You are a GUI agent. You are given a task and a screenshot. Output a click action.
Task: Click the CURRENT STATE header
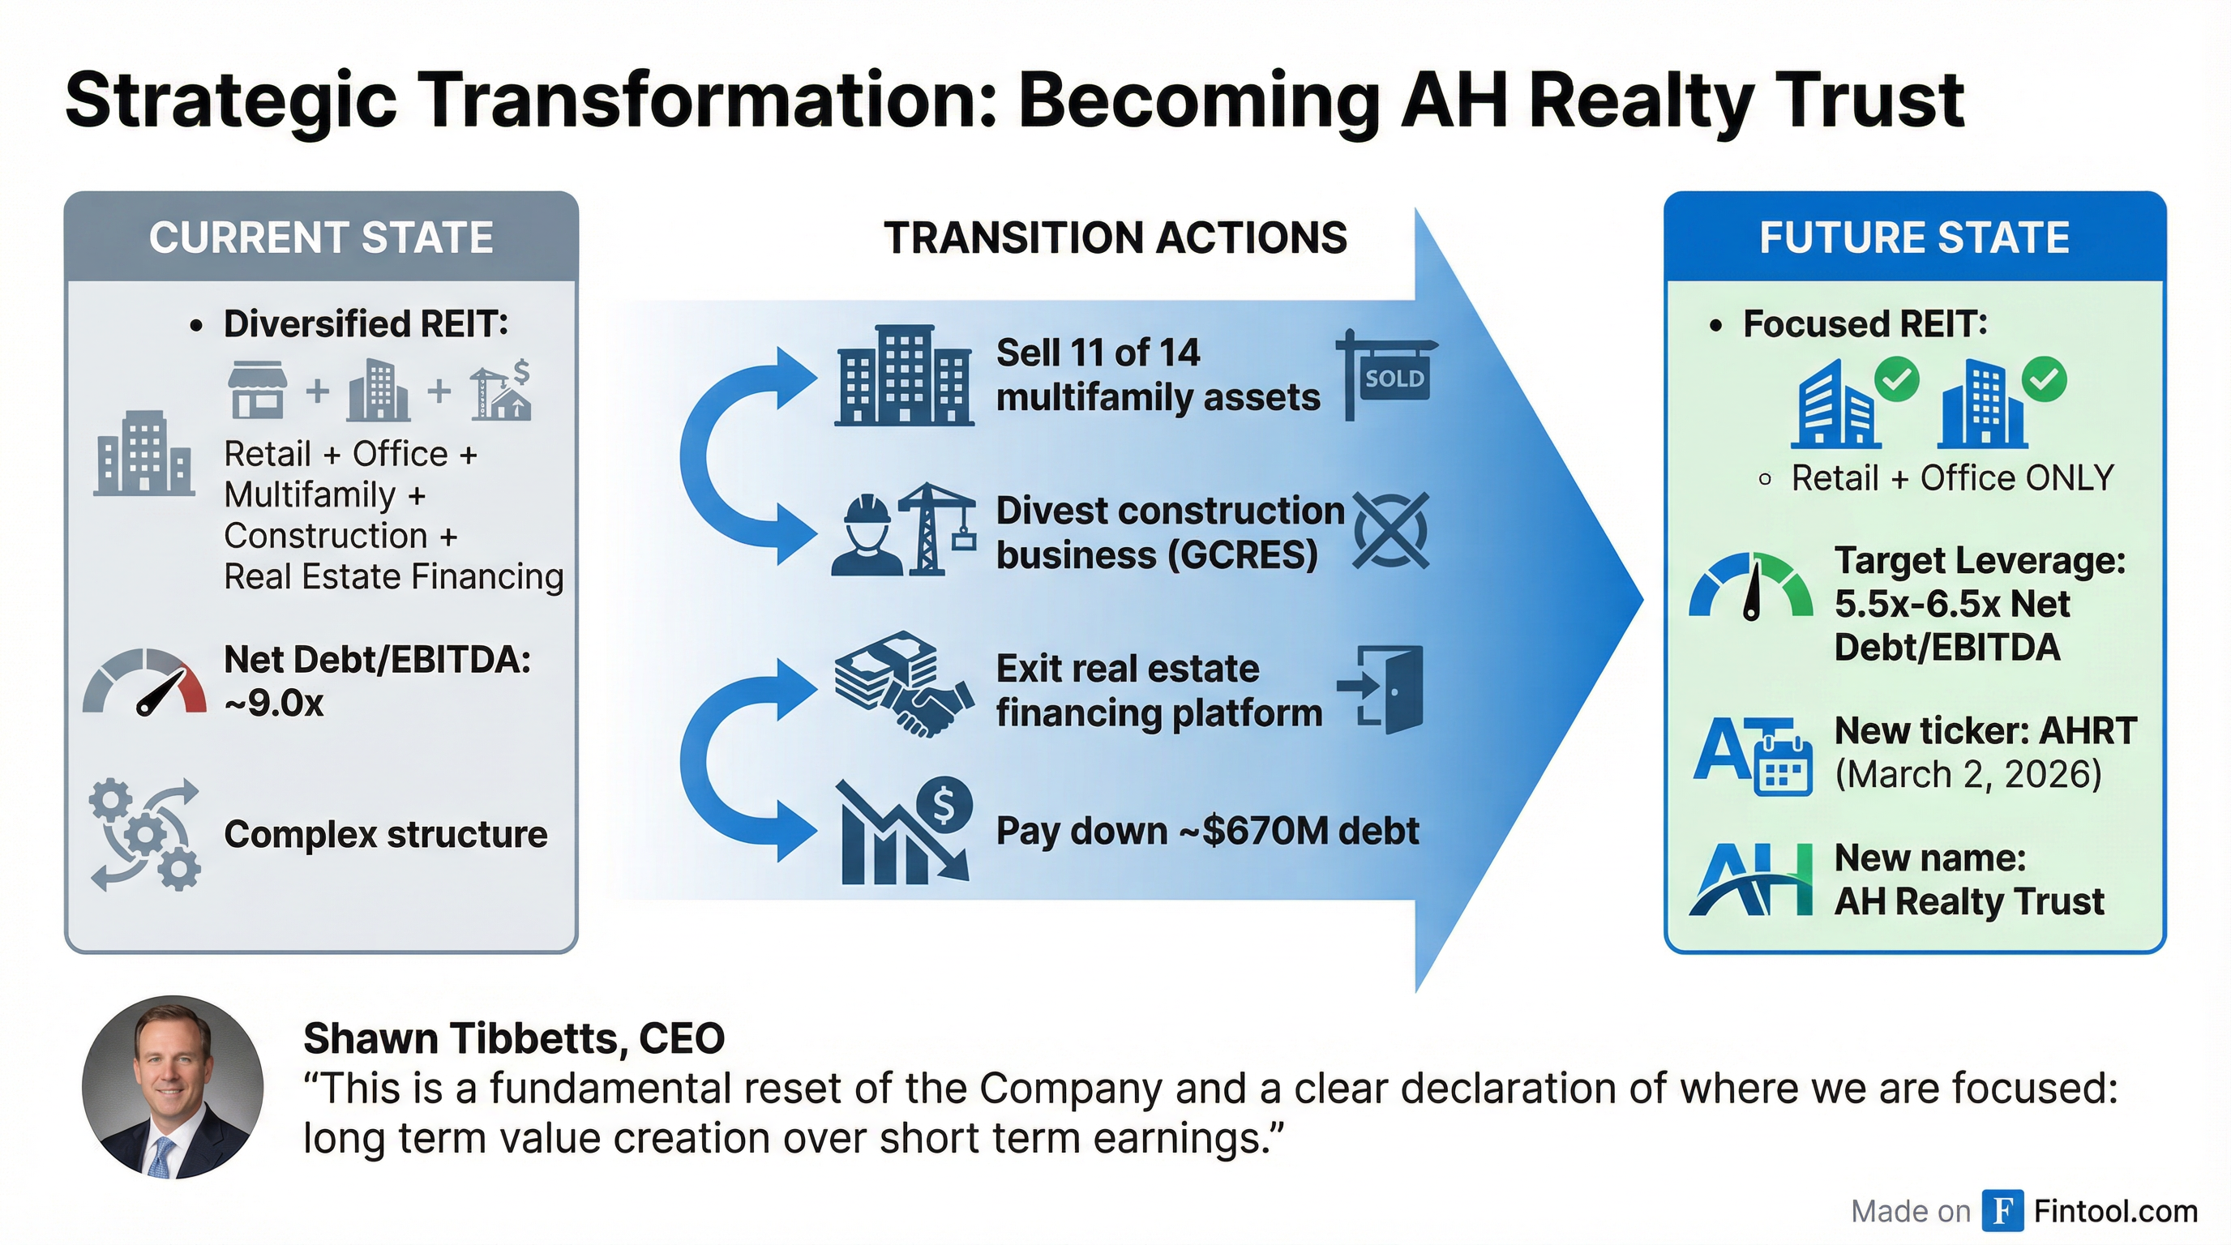[320, 237]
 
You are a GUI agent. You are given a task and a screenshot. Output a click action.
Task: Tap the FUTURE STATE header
[1914, 237]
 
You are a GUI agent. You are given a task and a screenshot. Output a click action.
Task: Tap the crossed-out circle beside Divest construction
[1390, 531]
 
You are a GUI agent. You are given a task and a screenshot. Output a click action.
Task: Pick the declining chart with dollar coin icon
[905, 832]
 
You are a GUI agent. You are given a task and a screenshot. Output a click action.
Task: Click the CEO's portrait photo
[173, 1087]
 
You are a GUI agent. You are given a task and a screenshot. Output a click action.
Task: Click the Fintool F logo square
[2002, 1210]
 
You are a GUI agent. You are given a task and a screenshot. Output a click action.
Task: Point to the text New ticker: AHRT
[1985, 731]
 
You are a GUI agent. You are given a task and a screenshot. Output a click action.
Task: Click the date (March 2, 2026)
[1968, 773]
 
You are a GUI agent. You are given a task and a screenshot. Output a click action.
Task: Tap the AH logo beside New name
[1750, 879]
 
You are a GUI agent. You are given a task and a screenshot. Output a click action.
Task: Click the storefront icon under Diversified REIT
[257, 390]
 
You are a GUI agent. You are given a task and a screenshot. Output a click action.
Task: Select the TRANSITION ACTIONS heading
[1115, 237]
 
